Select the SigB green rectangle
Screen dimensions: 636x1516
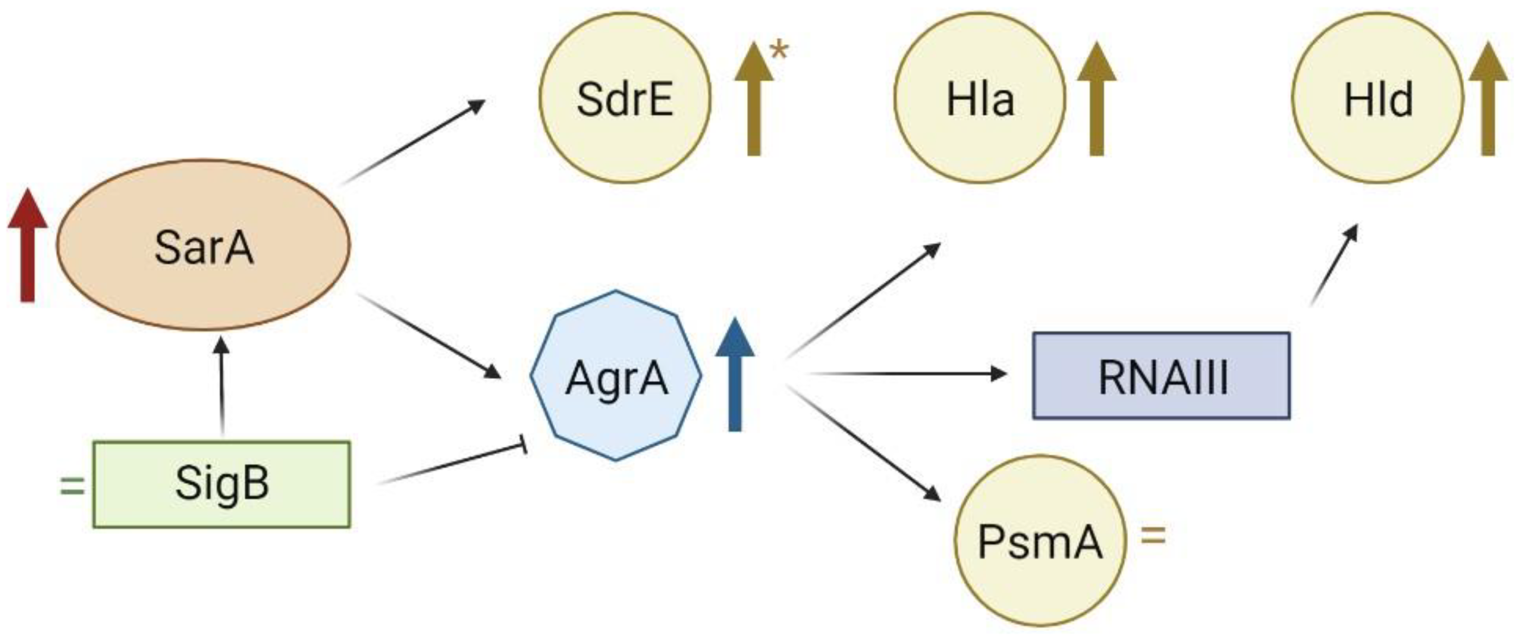coord(221,484)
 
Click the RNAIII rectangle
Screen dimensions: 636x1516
coord(1161,376)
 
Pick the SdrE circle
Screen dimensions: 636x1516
coord(625,98)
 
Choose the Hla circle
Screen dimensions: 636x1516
coord(979,98)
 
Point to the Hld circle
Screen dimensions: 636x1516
coord(1377,98)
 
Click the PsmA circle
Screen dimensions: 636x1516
coord(1039,540)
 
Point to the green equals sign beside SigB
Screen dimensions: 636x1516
coord(72,486)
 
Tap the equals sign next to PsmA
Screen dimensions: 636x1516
coord(1153,536)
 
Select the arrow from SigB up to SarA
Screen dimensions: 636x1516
coord(221,386)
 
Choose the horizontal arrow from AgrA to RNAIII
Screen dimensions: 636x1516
coord(906,373)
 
